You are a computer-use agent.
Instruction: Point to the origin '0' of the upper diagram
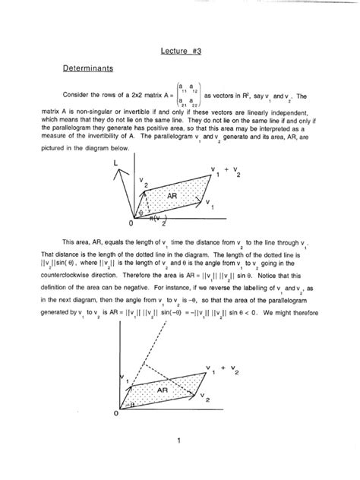coord(131,224)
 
